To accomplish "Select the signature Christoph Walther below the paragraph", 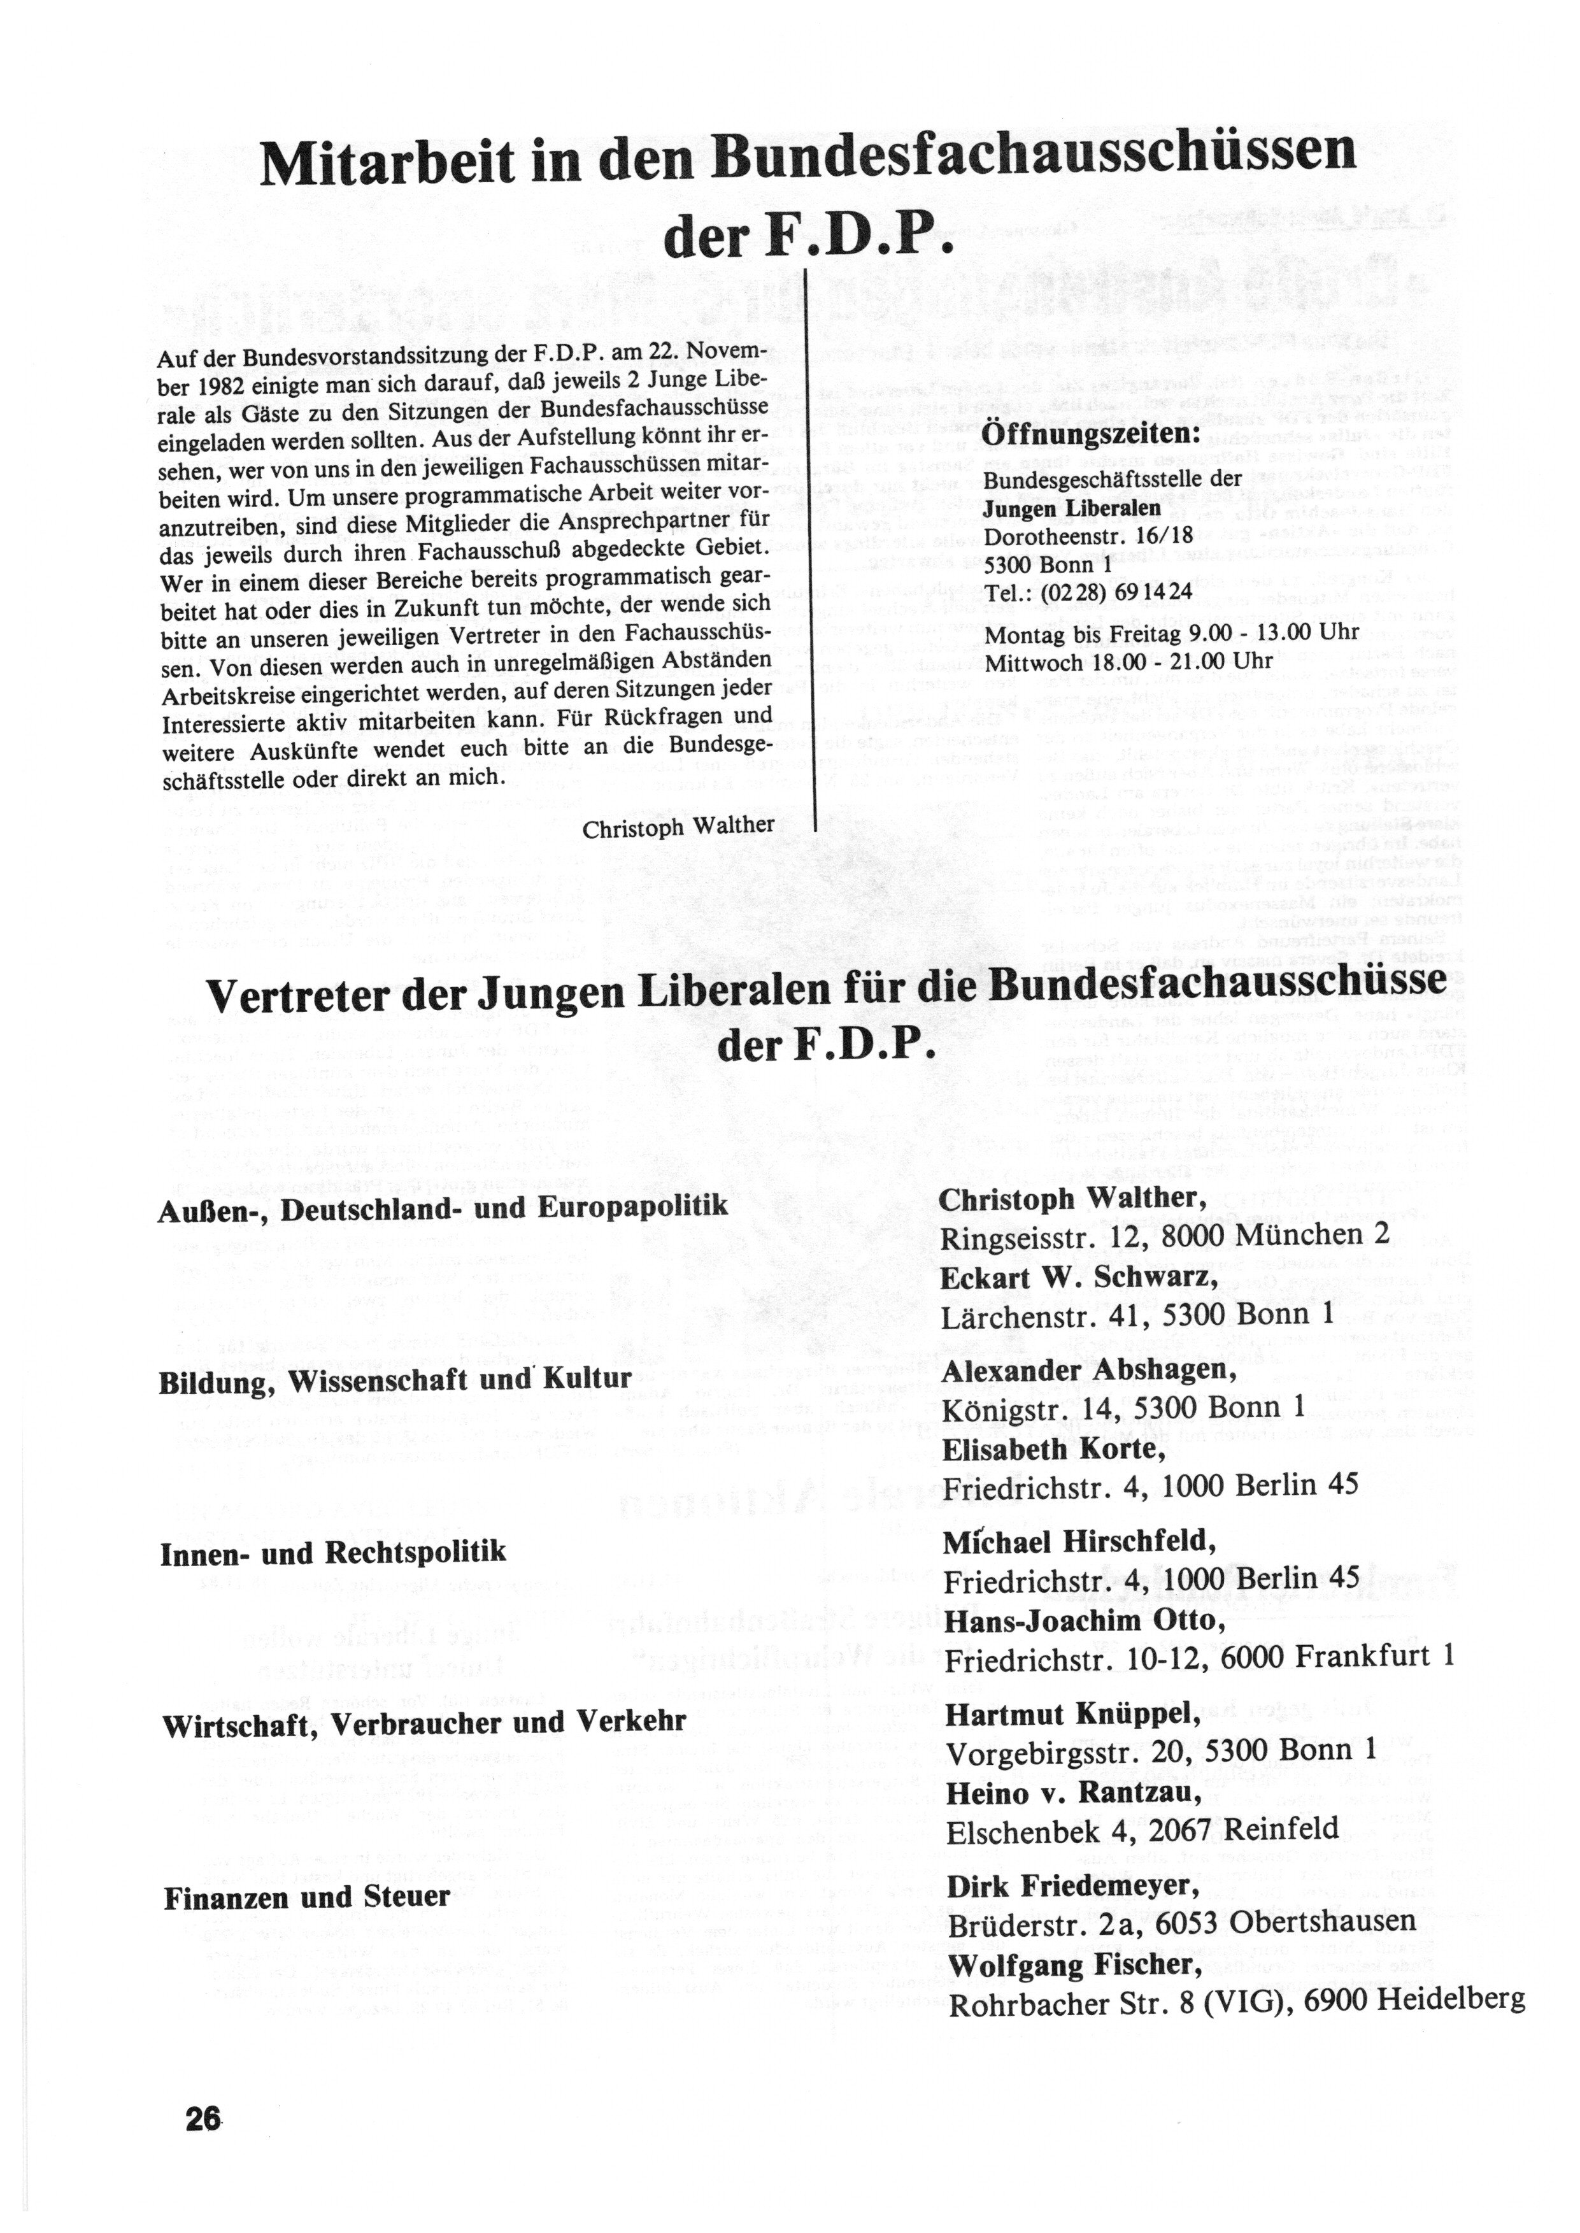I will tap(678, 827).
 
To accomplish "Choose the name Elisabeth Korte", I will tap(1054, 1450).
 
